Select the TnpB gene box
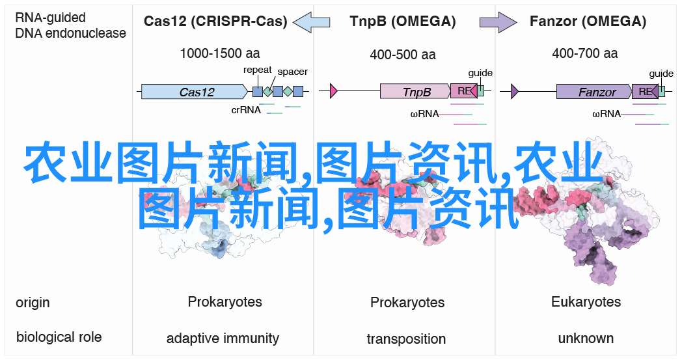(x=415, y=91)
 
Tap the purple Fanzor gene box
(x=594, y=91)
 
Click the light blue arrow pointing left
(x=312, y=21)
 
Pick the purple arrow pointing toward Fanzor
(x=498, y=21)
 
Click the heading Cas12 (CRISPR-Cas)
(x=215, y=21)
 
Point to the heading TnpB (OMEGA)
(x=402, y=21)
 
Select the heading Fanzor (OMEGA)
(x=588, y=21)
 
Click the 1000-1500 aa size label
(x=220, y=53)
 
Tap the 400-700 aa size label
(x=584, y=53)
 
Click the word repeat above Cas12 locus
(x=257, y=70)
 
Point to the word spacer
(x=292, y=72)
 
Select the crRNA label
(x=246, y=110)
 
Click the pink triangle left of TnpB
(x=334, y=91)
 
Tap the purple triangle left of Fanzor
(x=515, y=91)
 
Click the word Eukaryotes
(x=586, y=302)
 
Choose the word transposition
(x=406, y=339)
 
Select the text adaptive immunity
(x=223, y=339)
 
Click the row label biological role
(x=59, y=337)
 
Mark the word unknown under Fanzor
(x=586, y=339)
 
